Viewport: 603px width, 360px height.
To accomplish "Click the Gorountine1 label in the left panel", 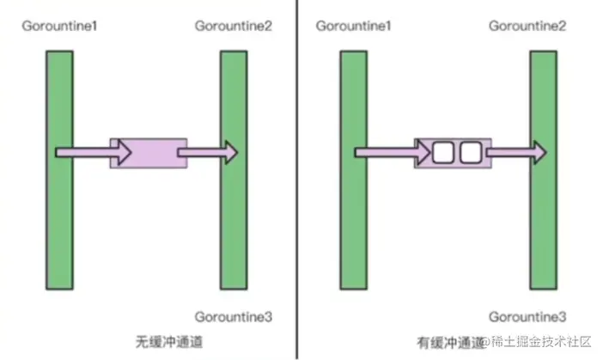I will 59,26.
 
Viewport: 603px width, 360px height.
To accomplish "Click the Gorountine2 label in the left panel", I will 234,26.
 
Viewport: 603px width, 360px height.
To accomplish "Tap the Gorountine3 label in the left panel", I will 234,317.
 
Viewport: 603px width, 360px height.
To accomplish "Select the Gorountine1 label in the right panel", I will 353,26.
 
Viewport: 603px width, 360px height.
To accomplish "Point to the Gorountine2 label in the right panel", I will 527,26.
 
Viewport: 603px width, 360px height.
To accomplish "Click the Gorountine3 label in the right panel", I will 527,317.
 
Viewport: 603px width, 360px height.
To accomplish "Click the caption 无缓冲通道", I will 172,340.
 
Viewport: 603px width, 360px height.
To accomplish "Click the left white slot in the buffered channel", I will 442,153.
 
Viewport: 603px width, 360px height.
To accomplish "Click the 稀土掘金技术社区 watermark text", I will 541,344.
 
